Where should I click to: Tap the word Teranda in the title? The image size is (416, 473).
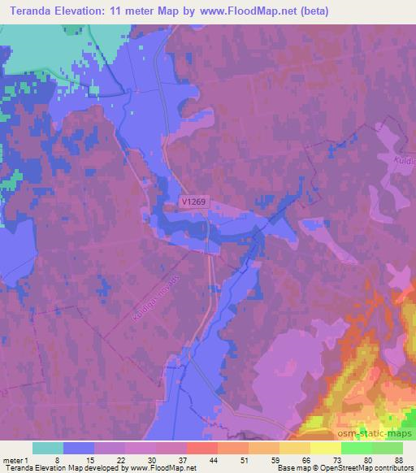click(33, 11)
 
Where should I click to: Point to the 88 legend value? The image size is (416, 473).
click(397, 459)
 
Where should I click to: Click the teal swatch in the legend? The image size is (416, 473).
click(48, 447)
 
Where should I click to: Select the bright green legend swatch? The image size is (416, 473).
click(357, 447)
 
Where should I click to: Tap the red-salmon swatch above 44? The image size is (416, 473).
click(202, 447)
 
